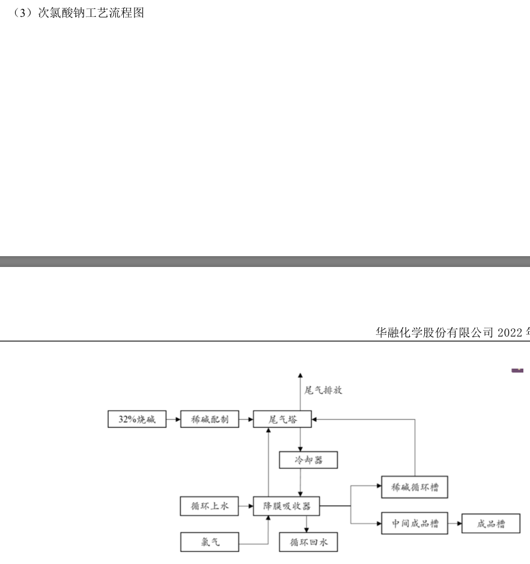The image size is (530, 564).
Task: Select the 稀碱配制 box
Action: (x=209, y=419)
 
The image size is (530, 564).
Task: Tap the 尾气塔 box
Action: (x=282, y=419)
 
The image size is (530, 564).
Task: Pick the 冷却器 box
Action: (x=308, y=460)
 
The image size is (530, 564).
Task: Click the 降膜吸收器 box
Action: (x=286, y=506)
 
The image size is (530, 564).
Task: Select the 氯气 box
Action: (x=210, y=542)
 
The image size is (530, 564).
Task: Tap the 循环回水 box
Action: (x=308, y=542)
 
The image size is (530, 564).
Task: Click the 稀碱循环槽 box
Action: (x=415, y=487)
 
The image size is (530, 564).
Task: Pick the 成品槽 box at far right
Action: (x=491, y=524)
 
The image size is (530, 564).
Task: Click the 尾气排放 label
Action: (x=323, y=390)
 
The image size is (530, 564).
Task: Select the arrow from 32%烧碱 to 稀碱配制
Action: (x=173, y=419)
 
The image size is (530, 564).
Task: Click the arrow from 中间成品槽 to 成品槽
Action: (x=454, y=524)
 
